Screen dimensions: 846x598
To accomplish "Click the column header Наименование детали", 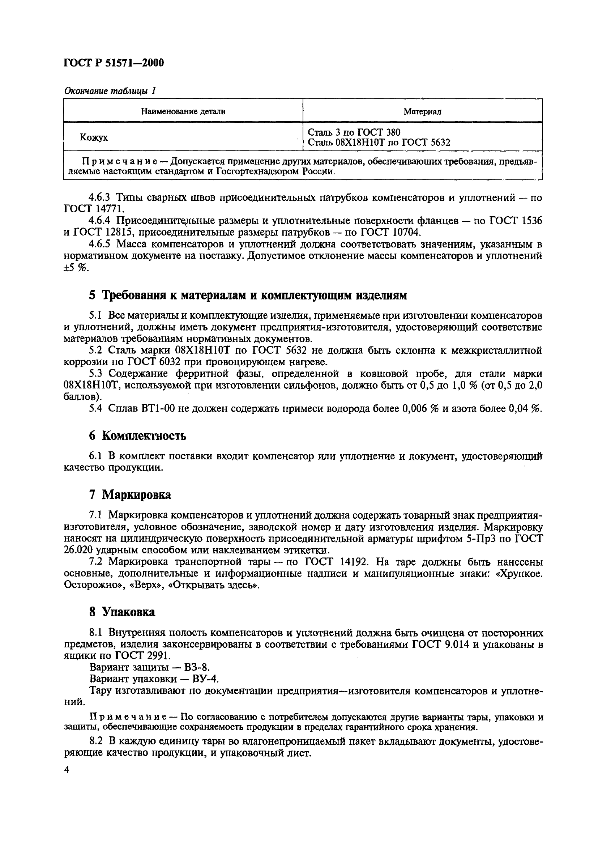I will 183,111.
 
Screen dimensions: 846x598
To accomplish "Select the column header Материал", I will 422,111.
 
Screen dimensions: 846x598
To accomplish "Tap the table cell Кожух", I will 94,137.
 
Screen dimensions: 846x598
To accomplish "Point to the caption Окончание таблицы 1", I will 110,91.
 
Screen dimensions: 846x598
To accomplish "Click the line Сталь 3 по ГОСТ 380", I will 354,132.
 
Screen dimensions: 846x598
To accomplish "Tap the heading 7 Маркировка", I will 130,494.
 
